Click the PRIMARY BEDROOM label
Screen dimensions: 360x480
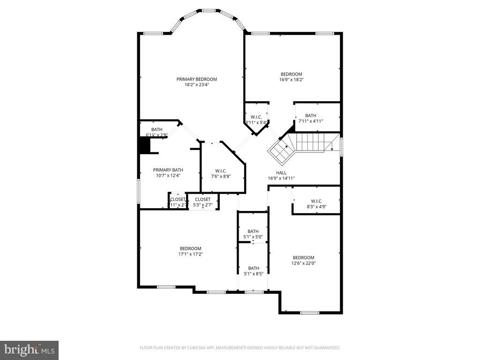point(196,79)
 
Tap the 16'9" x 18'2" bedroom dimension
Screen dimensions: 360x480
point(291,80)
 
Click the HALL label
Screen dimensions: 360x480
point(281,172)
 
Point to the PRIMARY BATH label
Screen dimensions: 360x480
point(168,170)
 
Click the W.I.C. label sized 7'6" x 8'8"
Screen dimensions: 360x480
point(221,171)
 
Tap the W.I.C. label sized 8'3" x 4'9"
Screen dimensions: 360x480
point(316,201)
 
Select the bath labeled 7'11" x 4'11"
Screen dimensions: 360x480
point(310,118)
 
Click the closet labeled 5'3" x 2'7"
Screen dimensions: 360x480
point(202,202)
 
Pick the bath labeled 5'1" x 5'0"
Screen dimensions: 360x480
point(253,234)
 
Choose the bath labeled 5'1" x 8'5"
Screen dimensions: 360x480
point(254,271)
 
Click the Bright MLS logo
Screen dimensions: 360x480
point(29,350)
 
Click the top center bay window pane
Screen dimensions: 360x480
point(209,10)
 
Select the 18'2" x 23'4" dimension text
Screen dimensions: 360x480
point(196,85)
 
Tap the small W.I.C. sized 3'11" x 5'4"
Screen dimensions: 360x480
point(256,120)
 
